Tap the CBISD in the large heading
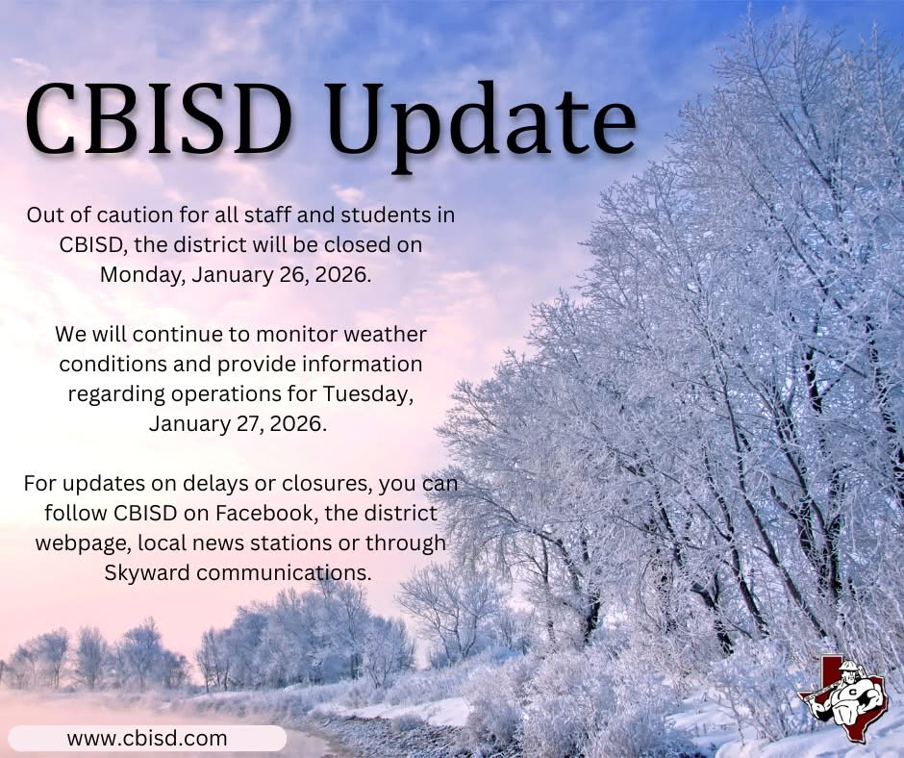tap(160, 122)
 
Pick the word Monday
tap(141, 274)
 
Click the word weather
tap(377, 335)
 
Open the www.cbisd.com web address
tap(147, 739)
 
